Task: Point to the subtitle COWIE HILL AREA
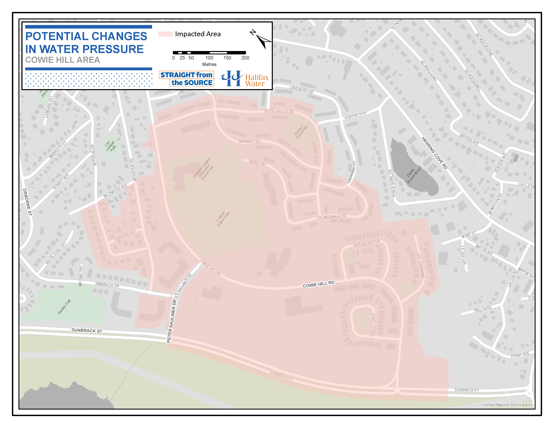point(63,60)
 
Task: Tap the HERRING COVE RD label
point(434,153)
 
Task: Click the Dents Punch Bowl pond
point(412,170)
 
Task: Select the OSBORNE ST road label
point(27,202)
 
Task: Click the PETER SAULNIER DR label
point(172,321)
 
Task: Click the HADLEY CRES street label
point(373,325)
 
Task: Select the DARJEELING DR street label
point(366,244)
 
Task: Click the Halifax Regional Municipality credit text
point(507,405)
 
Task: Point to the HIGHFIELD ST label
point(355,116)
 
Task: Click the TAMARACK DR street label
point(107,285)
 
